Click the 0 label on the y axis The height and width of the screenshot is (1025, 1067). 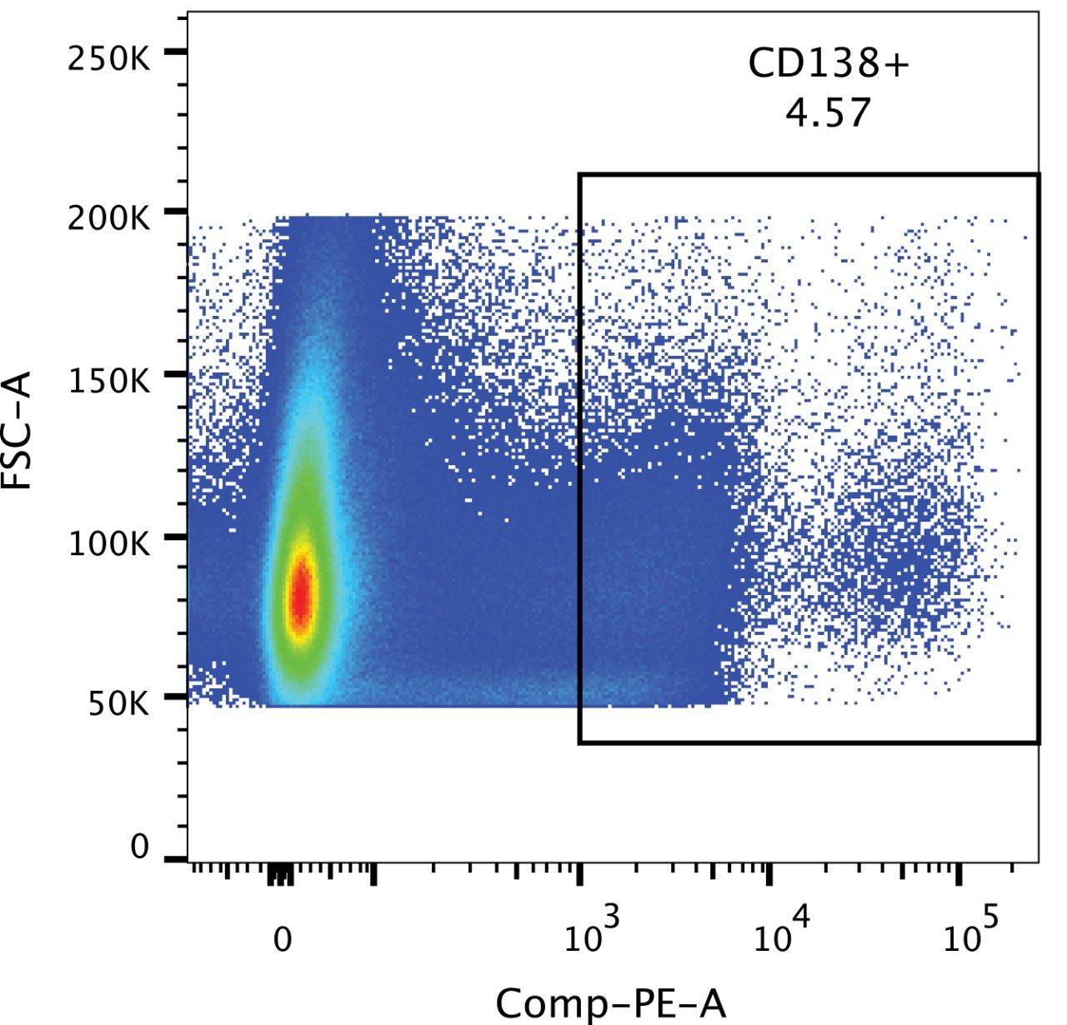(x=139, y=847)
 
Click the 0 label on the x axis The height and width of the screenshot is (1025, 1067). (x=283, y=939)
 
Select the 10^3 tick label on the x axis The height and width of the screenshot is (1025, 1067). (x=591, y=933)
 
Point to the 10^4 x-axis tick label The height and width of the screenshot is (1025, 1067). (x=781, y=933)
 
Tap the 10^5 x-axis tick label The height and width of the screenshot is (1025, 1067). (x=971, y=933)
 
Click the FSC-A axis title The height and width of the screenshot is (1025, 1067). (x=18, y=430)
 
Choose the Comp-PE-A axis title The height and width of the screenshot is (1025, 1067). (x=611, y=1002)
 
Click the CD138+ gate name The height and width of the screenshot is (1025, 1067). (x=828, y=63)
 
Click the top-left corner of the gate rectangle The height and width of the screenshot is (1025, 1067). (x=579, y=175)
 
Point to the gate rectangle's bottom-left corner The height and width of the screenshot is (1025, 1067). (x=579, y=742)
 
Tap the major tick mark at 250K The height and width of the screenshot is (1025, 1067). (x=175, y=52)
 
